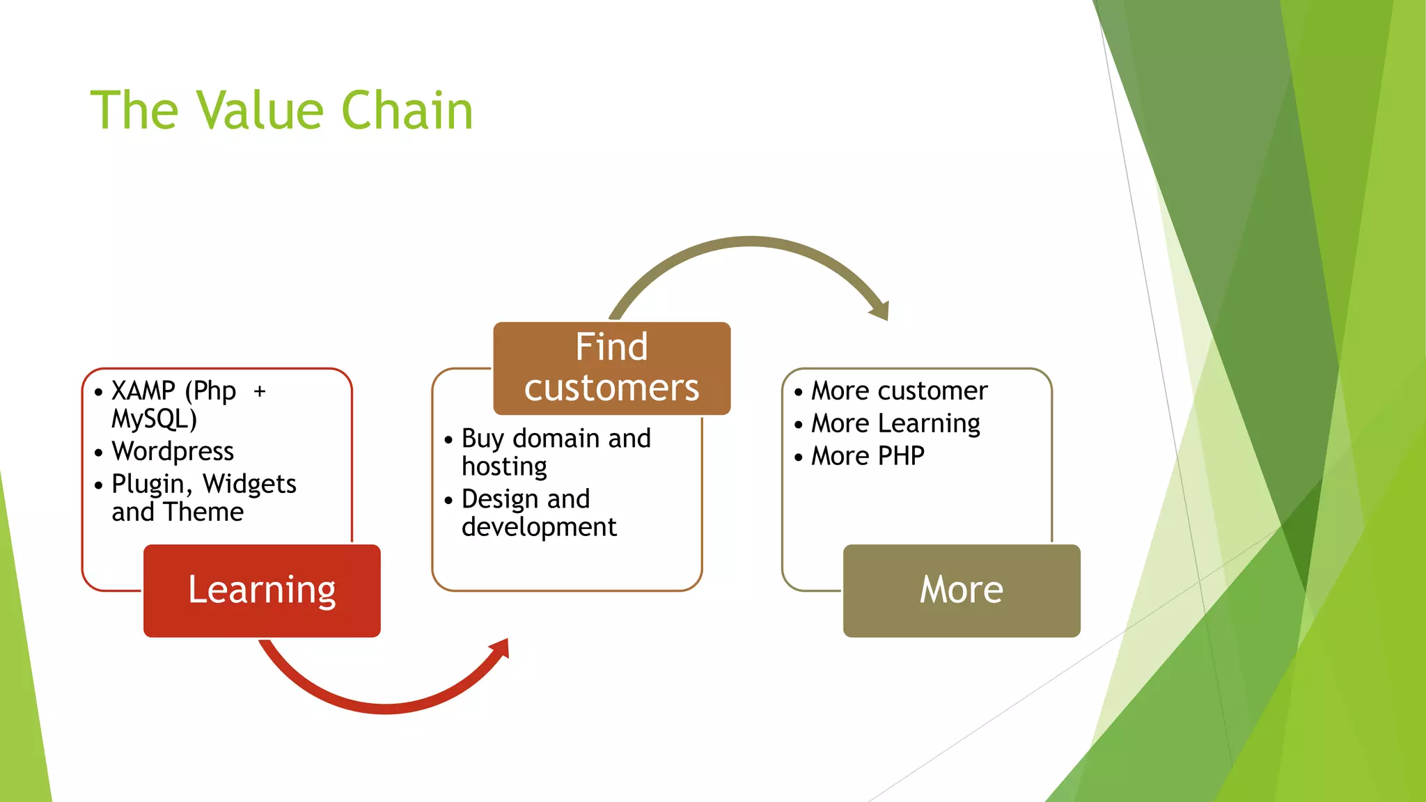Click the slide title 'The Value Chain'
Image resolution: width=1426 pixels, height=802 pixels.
pyautogui.click(x=281, y=110)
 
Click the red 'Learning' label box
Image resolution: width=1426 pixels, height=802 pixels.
pyautogui.click(x=262, y=590)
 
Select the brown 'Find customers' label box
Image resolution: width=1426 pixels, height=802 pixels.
pyautogui.click(x=611, y=368)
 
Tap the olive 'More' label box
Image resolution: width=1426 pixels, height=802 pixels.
pyautogui.click(x=961, y=590)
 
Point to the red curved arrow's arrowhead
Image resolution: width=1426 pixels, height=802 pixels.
pyautogui.click(x=501, y=649)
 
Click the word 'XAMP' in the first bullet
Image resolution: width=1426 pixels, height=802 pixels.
pyautogui.click(x=143, y=391)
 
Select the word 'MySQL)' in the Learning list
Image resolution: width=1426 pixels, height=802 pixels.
pyautogui.click(x=154, y=419)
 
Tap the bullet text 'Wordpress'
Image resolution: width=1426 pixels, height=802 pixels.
pyautogui.click(x=173, y=451)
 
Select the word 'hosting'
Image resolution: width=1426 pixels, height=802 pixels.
pyautogui.click(x=504, y=466)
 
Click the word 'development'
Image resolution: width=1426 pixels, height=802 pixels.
pyautogui.click(x=539, y=527)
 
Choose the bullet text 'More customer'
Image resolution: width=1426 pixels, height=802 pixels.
pyautogui.click(x=899, y=391)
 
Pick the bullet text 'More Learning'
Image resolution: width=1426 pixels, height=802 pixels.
pyautogui.click(x=895, y=423)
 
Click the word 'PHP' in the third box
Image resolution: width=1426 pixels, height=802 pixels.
pyautogui.click(x=901, y=456)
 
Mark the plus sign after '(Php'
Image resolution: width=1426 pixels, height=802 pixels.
pyautogui.click(x=260, y=391)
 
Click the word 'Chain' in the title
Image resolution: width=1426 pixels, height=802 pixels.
pyautogui.click(x=407, y=110)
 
